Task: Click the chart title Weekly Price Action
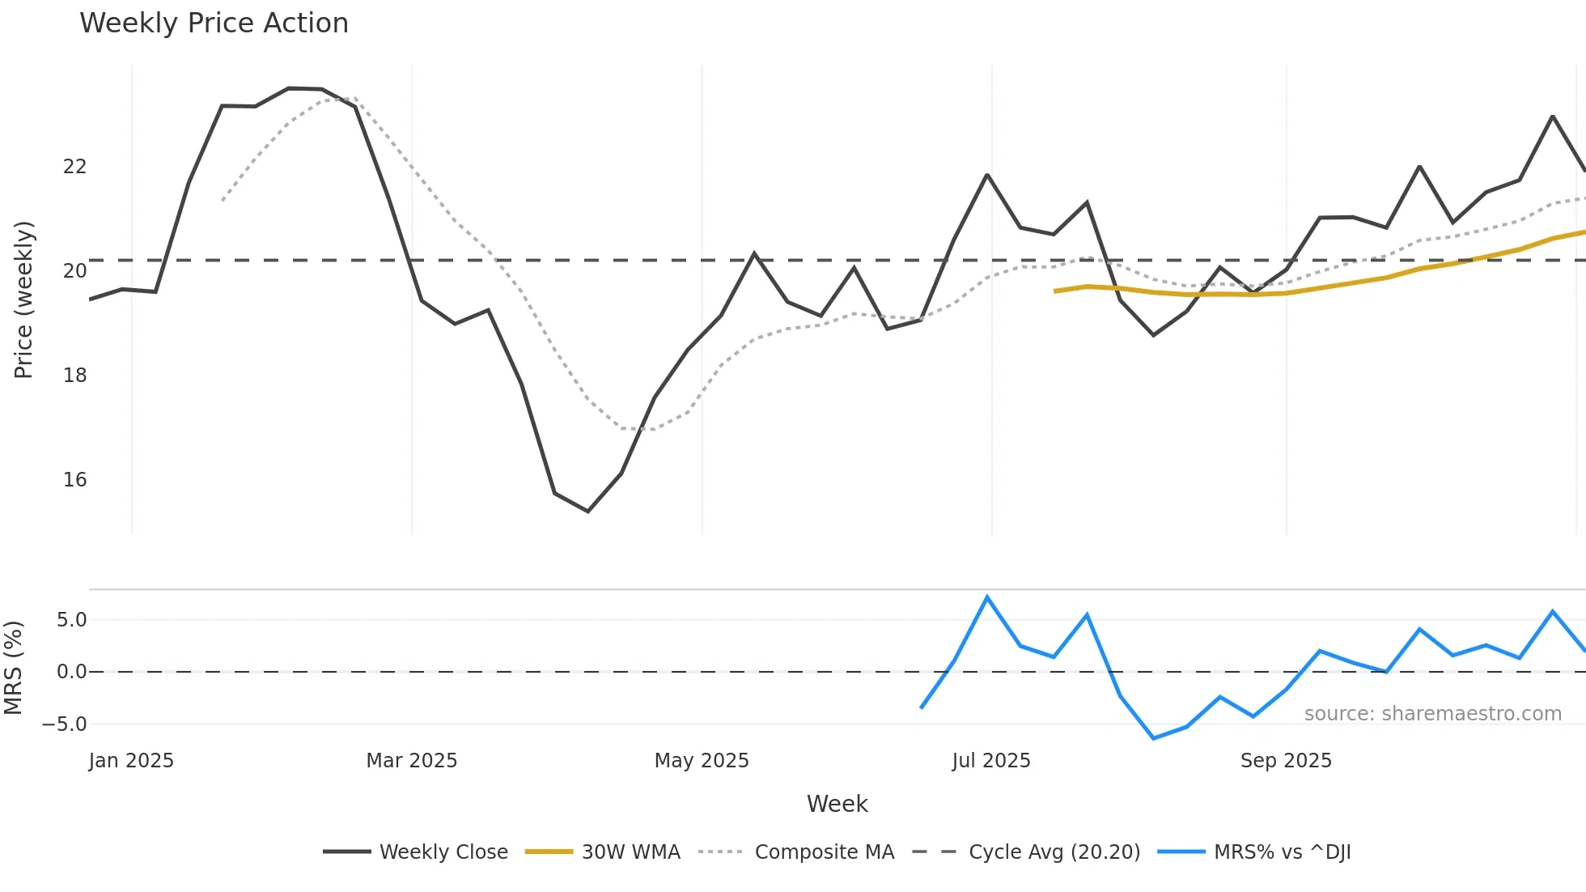[214, 23]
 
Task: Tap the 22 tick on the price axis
[74, 167]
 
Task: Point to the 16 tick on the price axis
[74, 480]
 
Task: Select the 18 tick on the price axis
[74, 376]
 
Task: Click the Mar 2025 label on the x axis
[411, 761]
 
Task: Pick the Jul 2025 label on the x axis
[990, 761]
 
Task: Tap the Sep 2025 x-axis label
[1285, 761]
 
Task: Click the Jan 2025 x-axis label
[131, 761]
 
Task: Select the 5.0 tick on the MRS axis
[71, 620]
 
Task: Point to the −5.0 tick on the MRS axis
[65, 724]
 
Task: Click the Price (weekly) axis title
[23, 299]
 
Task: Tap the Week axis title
[837, 804]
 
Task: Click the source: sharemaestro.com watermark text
[1432, 714]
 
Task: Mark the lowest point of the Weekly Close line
[588, 512]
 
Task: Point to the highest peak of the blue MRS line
[987, 597]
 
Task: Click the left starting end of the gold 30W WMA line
[1055, 291]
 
